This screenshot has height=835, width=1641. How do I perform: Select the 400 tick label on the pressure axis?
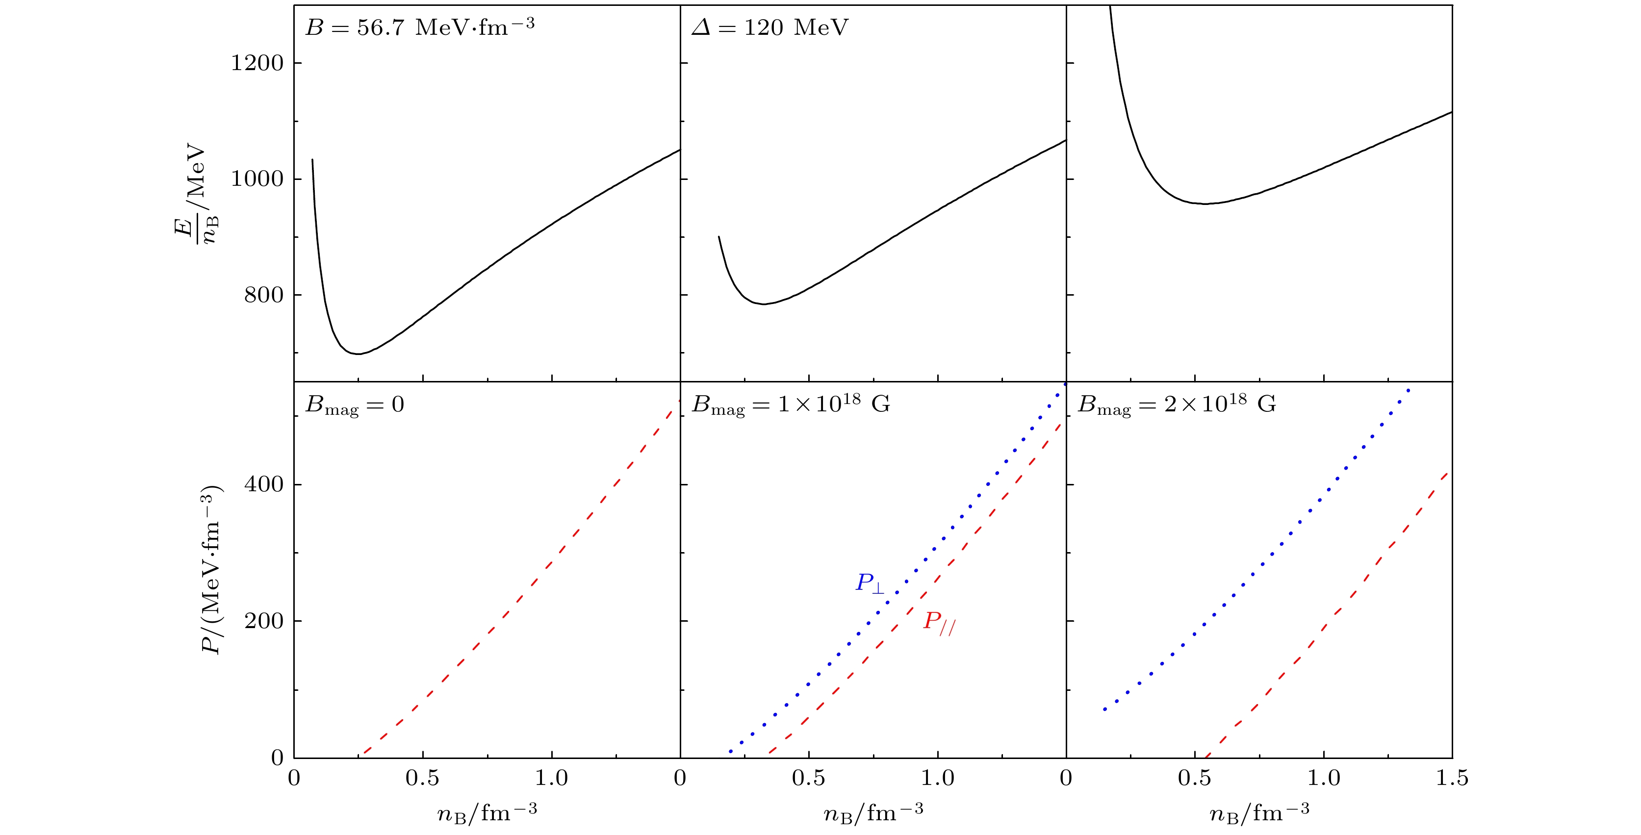pyautogui.click(x=264, y=485)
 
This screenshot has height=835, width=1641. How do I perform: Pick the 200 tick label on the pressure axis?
pyautogui.click(x=264, y=621)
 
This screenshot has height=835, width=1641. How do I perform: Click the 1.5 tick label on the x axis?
pyautogui.click(x=1452, y=778)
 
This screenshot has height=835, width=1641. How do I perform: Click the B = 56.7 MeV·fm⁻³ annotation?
pyautogui.click(x=420, y=27)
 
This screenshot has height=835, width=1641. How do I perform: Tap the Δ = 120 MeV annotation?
pyautogui.click(x=770, y=27)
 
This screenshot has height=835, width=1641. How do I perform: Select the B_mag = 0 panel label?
pyautogui.click(x=355, y=405)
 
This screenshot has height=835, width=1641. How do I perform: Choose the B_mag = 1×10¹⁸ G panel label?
pyautogui.click(x=791, y=405)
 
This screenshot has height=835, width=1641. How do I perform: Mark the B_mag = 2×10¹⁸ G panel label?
pyautogui.click(x=1177, y=405)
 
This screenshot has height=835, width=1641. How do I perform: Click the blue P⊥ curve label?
pyautogui.click(x=870, y=583)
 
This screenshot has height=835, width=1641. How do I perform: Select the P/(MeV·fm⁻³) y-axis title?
pyautogui.click(x=210, y=570)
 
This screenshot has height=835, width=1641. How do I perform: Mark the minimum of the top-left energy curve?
pyautogui.click(x=359, y=354)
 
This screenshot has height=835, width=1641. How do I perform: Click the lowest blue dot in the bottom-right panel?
pyautogui.click(x=1104, y=709)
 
